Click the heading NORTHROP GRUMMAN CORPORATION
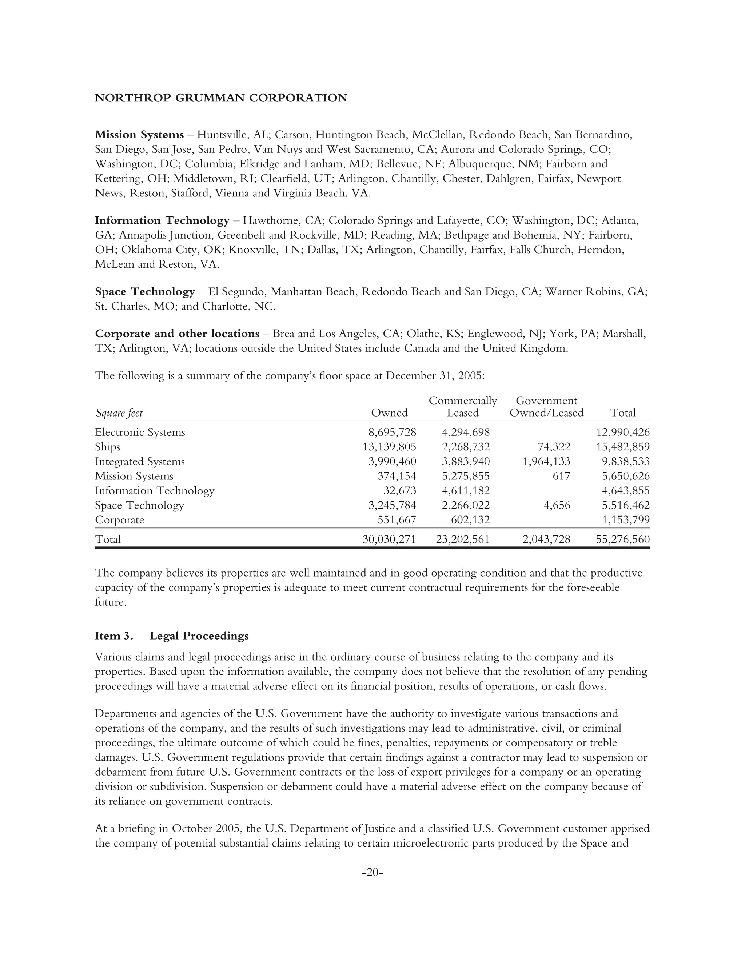[x=221, y=98]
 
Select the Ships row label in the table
[x=107, y=447]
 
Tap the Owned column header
[x=389, y=413]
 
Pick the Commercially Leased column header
[x=463, y=407]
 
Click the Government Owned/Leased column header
[x=546, y=407]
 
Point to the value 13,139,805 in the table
[x=389, y=447]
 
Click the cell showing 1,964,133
[x=546, y=461]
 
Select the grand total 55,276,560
[x=623, y=539]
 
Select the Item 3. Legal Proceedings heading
[x=172, y=636]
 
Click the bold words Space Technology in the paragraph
[x=145, y=292]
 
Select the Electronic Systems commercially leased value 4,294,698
[x=466, y=432]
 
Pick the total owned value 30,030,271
[x=389, y=539]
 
